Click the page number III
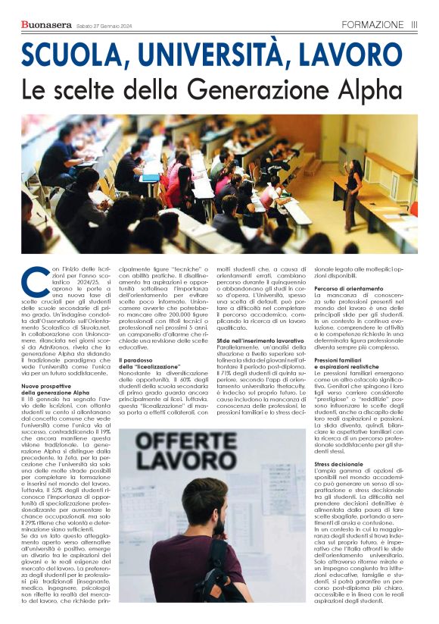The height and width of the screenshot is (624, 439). [x=414, y=24]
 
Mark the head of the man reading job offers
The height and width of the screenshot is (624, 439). [x=204, y=508]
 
